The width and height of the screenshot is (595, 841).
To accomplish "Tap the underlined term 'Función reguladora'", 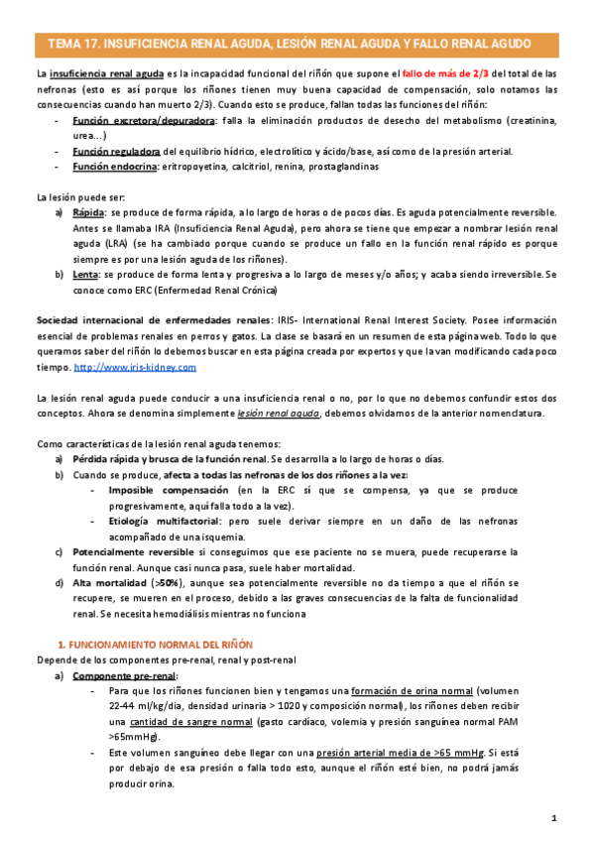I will tap(116, 151).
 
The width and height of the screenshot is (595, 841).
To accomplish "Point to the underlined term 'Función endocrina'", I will tap(115, 167).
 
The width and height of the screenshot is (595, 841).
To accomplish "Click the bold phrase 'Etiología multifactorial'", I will tap(166, 520).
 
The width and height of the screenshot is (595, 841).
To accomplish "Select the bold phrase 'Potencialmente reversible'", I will tap(134, 550).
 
